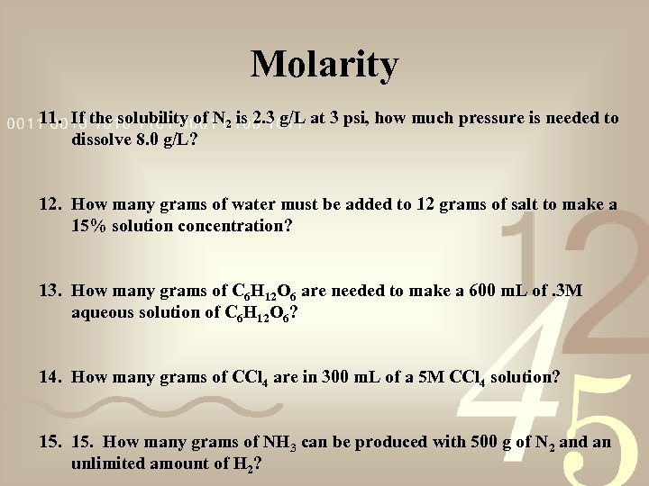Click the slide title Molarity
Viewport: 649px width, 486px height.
(324, 65)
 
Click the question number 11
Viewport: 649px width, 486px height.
(50, 118)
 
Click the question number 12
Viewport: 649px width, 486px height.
(50, 205)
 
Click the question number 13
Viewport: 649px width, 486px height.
(50, 291)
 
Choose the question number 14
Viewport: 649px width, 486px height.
(50, 378)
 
